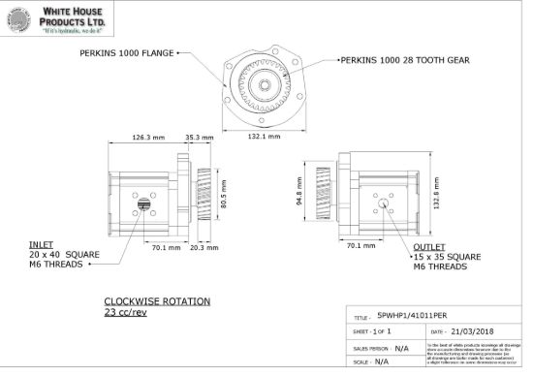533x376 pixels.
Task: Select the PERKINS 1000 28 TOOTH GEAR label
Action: tap(404, 59)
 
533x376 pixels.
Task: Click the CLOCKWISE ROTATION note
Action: tap(156, 301)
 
